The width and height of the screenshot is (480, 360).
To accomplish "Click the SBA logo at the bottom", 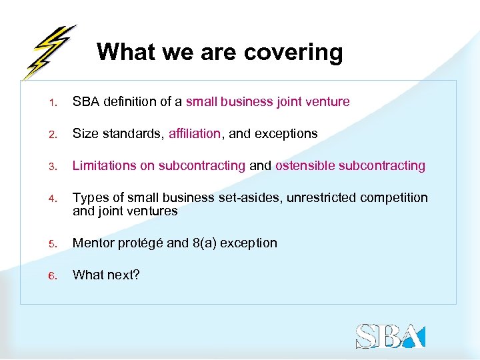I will [x=390, y=335].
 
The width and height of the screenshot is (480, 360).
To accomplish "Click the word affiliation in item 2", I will [x=194, y=133].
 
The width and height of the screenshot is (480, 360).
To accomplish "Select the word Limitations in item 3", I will [x=105, y=165].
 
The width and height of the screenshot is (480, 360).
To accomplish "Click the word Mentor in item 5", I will [x=93, y=243].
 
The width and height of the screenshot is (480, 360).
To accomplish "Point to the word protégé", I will [x=140, y=243].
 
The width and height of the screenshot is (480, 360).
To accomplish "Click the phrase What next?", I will [x=106, y=275].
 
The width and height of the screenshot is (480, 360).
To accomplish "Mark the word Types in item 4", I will [x=89, y=198].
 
